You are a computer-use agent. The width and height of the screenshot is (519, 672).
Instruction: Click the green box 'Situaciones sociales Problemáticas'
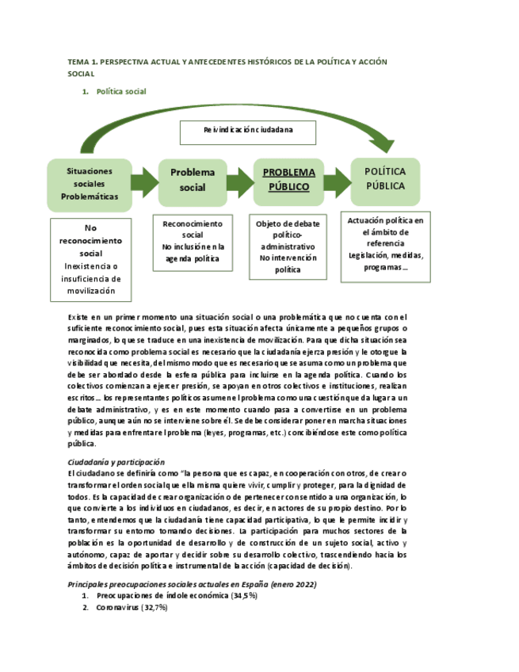(x=89, y=183)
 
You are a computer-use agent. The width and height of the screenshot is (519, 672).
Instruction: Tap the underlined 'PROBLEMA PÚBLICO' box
(x=288, y=180)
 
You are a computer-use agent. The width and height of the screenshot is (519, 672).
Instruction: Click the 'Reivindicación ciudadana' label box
(x=248, y=130)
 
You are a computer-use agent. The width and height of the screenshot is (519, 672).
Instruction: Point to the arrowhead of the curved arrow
(x=383, y=143)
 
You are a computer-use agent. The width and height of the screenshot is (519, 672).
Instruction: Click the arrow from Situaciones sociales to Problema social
(x=145, y=182)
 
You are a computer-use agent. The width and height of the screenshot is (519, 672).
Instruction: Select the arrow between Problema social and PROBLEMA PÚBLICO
(x=240, y=181)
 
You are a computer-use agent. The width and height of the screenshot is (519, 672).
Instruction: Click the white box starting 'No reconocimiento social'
(x=90, y=260)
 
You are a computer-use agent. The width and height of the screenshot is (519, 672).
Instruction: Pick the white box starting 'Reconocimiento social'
(x=193, y=242)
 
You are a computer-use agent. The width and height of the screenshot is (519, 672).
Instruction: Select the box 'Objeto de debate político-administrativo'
(x=288, y=246)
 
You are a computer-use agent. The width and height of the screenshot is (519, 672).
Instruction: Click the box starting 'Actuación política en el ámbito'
(x=386, y=246)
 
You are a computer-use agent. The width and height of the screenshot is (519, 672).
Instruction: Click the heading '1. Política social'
(x=120, y=92)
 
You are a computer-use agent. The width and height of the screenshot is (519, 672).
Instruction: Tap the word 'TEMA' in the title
(x=79, y=62)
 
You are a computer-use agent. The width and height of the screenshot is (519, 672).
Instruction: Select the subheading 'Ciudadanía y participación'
(x=116, y=462)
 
